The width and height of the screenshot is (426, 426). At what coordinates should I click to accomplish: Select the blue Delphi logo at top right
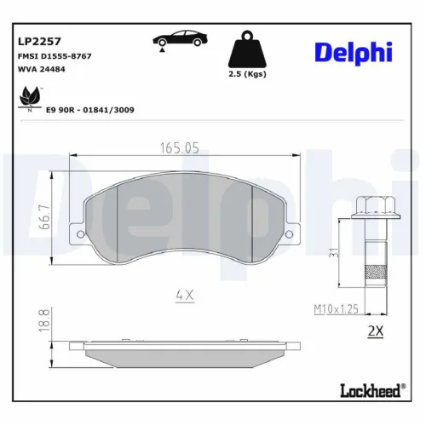point(353,52)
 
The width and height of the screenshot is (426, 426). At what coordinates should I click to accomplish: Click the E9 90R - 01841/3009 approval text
point(89,110)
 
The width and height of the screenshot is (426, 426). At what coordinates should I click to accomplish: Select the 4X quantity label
point(185,295)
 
